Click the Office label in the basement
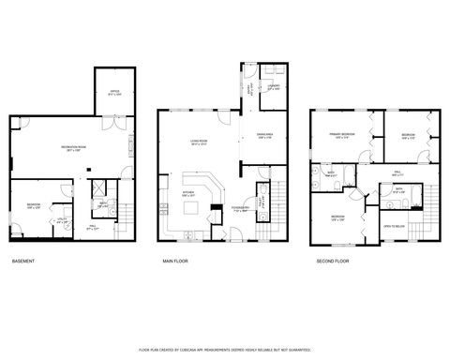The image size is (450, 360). [115, 92]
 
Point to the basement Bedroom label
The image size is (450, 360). [34, 206]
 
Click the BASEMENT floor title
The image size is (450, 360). [24, 261]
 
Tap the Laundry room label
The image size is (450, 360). [274, 88]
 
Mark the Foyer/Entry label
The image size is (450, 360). [240, 209]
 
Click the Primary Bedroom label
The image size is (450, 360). [341, 135]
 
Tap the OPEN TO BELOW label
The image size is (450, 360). [393, 226]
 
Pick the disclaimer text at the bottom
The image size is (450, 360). [224, 349]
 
